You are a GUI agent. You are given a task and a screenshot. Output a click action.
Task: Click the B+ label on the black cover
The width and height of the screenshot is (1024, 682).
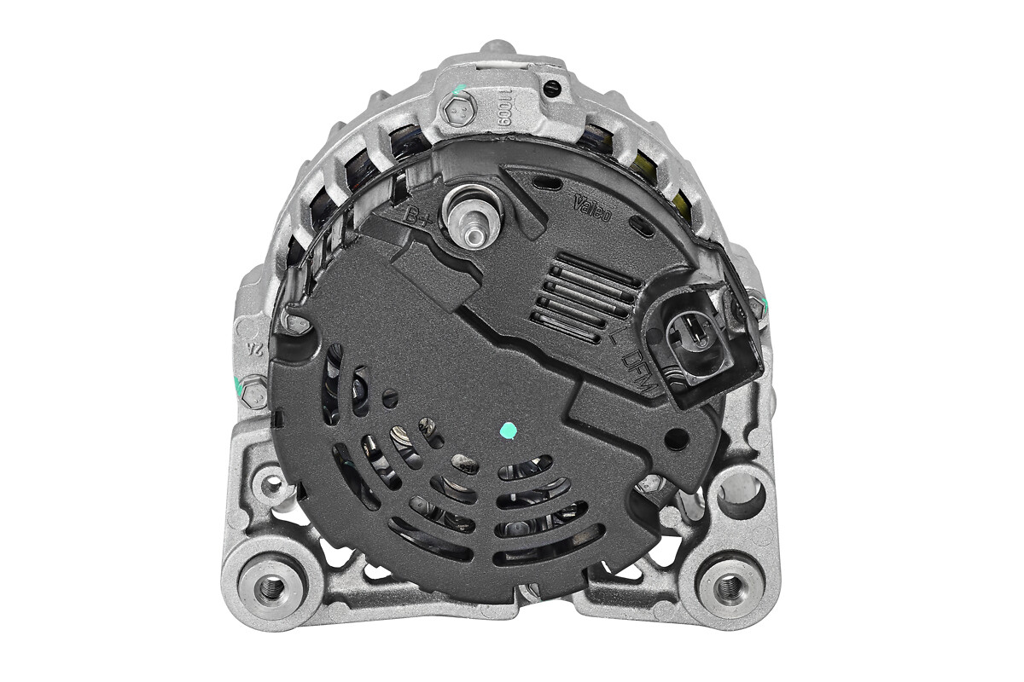click(417, 217)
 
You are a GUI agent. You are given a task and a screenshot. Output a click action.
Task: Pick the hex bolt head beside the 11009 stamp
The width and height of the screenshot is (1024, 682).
click(457, 109)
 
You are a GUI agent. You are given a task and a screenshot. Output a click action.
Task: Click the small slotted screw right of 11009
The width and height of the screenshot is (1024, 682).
click(552, 88)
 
